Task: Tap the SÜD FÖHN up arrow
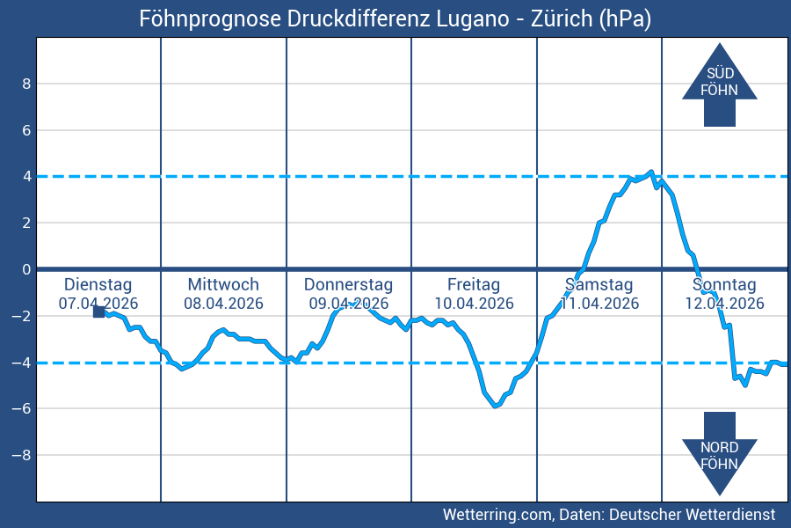719,84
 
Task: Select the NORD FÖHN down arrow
719,452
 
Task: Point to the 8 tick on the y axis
26,84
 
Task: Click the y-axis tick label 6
26,130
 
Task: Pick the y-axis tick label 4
26,177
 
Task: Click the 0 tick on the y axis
26,269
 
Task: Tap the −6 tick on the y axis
22,408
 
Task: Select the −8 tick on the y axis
22,455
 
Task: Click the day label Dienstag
98,285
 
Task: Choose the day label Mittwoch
223,285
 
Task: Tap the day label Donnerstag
348,285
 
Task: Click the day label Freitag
474,285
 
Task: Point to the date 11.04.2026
599,304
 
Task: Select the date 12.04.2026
724,304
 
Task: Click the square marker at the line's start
99,312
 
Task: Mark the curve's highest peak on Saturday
650,172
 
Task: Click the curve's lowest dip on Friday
496,406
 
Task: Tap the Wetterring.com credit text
497,514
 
